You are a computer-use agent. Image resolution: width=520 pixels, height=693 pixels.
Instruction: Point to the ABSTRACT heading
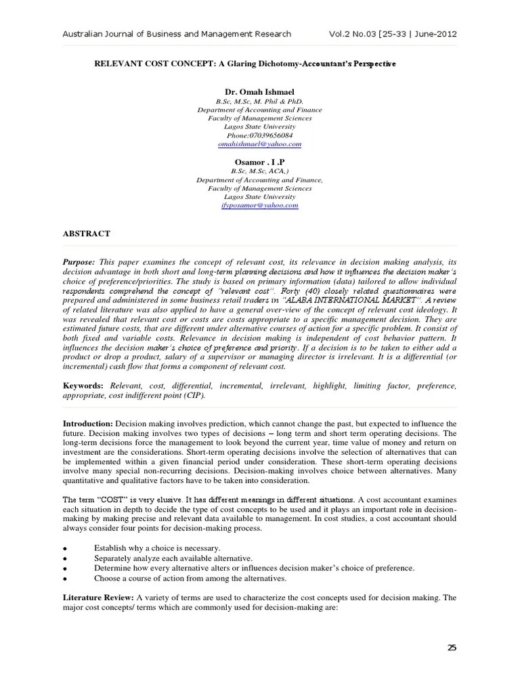tap(87, 233)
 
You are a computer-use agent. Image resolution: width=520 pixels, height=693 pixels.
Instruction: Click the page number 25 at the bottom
tap(452, 648)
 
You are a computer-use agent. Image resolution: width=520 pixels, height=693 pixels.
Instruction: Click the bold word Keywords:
tap(83, 385)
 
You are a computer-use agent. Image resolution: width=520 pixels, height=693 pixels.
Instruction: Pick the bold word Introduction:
tap(88, 423)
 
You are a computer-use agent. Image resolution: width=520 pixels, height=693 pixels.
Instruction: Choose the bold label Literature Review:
tap(98, 598)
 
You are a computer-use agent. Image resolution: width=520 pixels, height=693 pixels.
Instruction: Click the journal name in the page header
tap(177, 34)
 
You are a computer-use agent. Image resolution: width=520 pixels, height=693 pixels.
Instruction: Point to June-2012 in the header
tap(439, 34)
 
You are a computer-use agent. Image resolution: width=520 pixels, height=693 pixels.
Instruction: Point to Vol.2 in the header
tap(341, 34)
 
